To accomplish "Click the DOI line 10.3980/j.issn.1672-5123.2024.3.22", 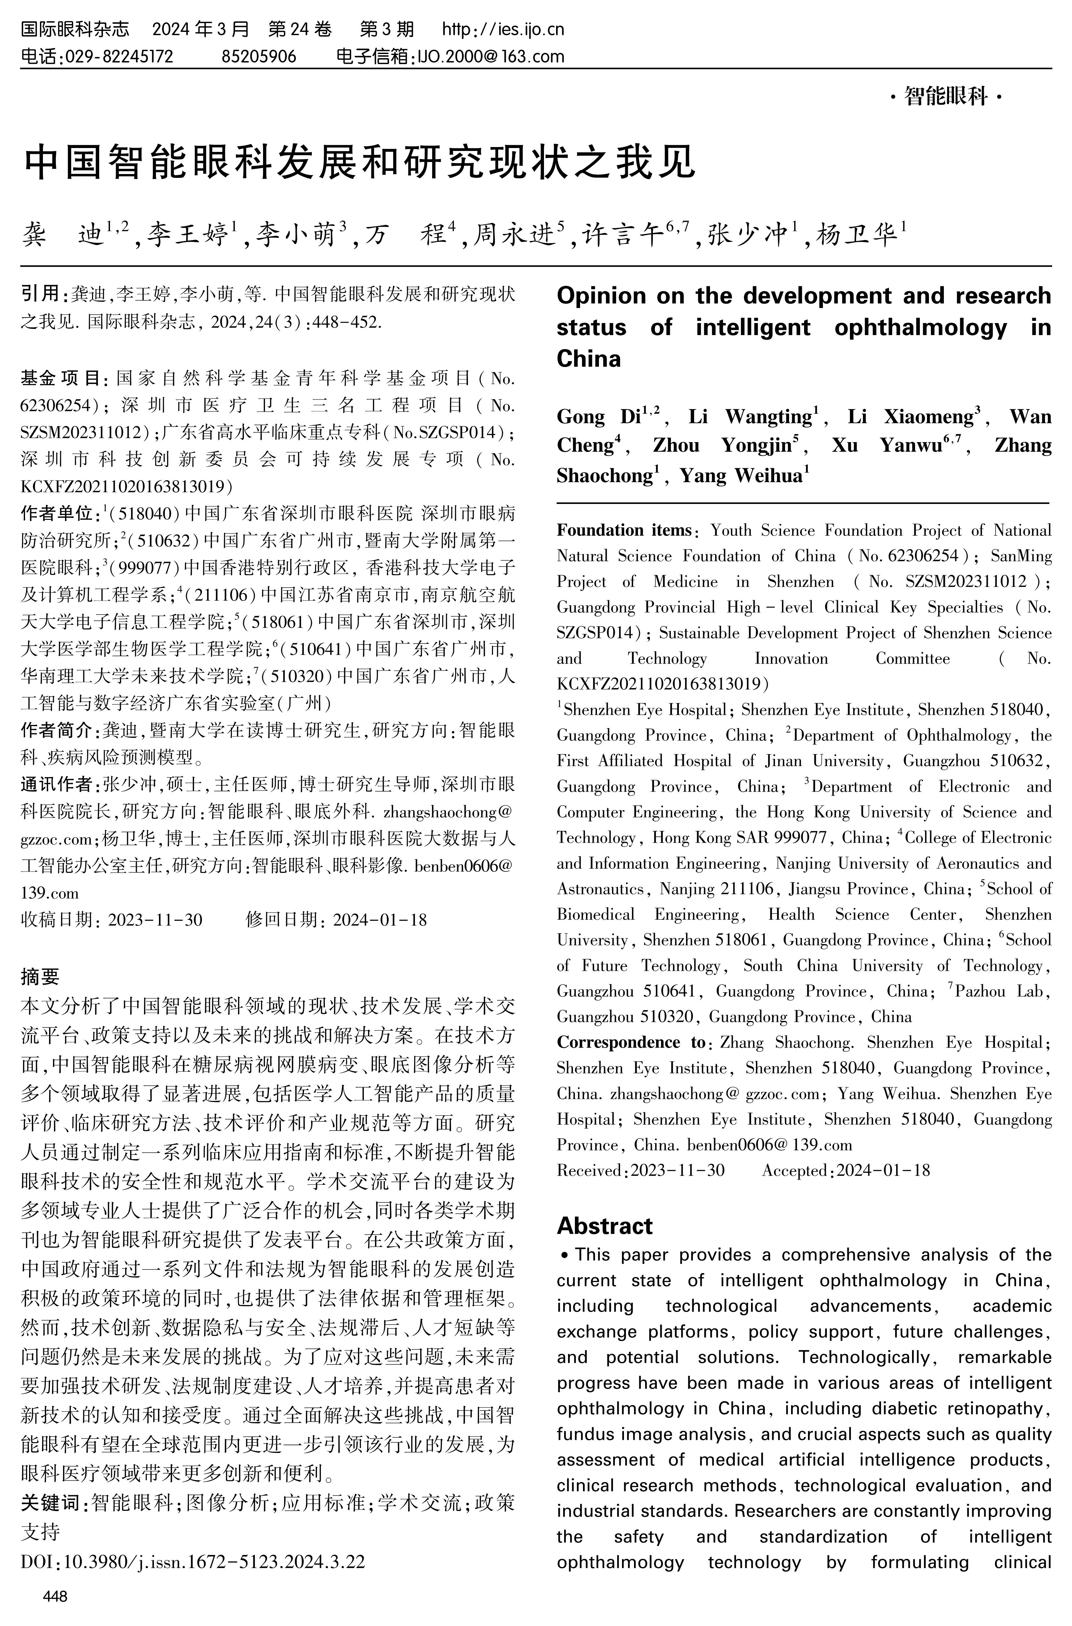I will coord(193,1562).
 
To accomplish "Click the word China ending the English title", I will coord(589,359).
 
